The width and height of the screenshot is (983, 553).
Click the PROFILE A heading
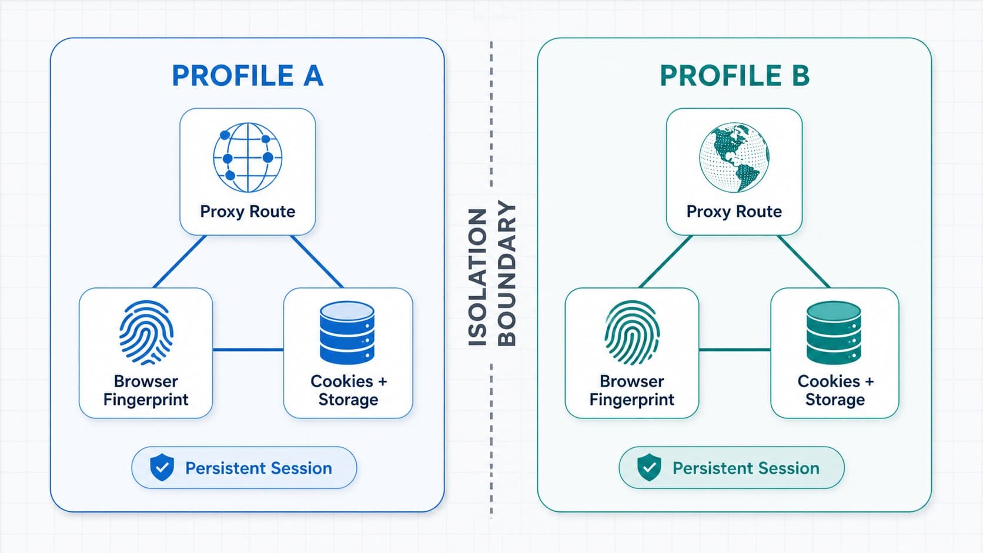[248, 75]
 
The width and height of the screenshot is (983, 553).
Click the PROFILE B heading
[735, 75]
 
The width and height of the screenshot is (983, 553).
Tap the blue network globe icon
[248, 157]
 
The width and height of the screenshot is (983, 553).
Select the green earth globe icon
[734, 157]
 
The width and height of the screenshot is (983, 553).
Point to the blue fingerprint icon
[146, 333]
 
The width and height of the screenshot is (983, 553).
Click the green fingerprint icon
[632, 333]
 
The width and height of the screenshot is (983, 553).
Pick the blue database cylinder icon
[347, 333]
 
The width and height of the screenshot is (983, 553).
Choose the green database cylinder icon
[834, 333]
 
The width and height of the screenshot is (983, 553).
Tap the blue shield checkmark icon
[162, 467]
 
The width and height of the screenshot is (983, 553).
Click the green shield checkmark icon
[649, 467]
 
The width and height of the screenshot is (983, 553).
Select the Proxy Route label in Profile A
[248, 212]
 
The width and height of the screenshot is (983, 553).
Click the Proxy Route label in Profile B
[734, 212]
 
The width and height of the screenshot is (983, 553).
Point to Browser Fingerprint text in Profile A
[146, 390]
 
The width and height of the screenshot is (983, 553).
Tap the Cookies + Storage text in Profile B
[835, 390]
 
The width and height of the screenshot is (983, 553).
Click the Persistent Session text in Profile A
[259, 468]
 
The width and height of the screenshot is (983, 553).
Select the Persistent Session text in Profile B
[746, 468]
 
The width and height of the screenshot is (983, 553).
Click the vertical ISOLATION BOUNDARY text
[491, 274]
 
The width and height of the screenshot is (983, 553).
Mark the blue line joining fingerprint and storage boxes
[248, 350]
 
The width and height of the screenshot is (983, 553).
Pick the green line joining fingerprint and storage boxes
[735, 350]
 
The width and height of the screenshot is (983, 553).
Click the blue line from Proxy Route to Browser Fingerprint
[179, 262]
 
